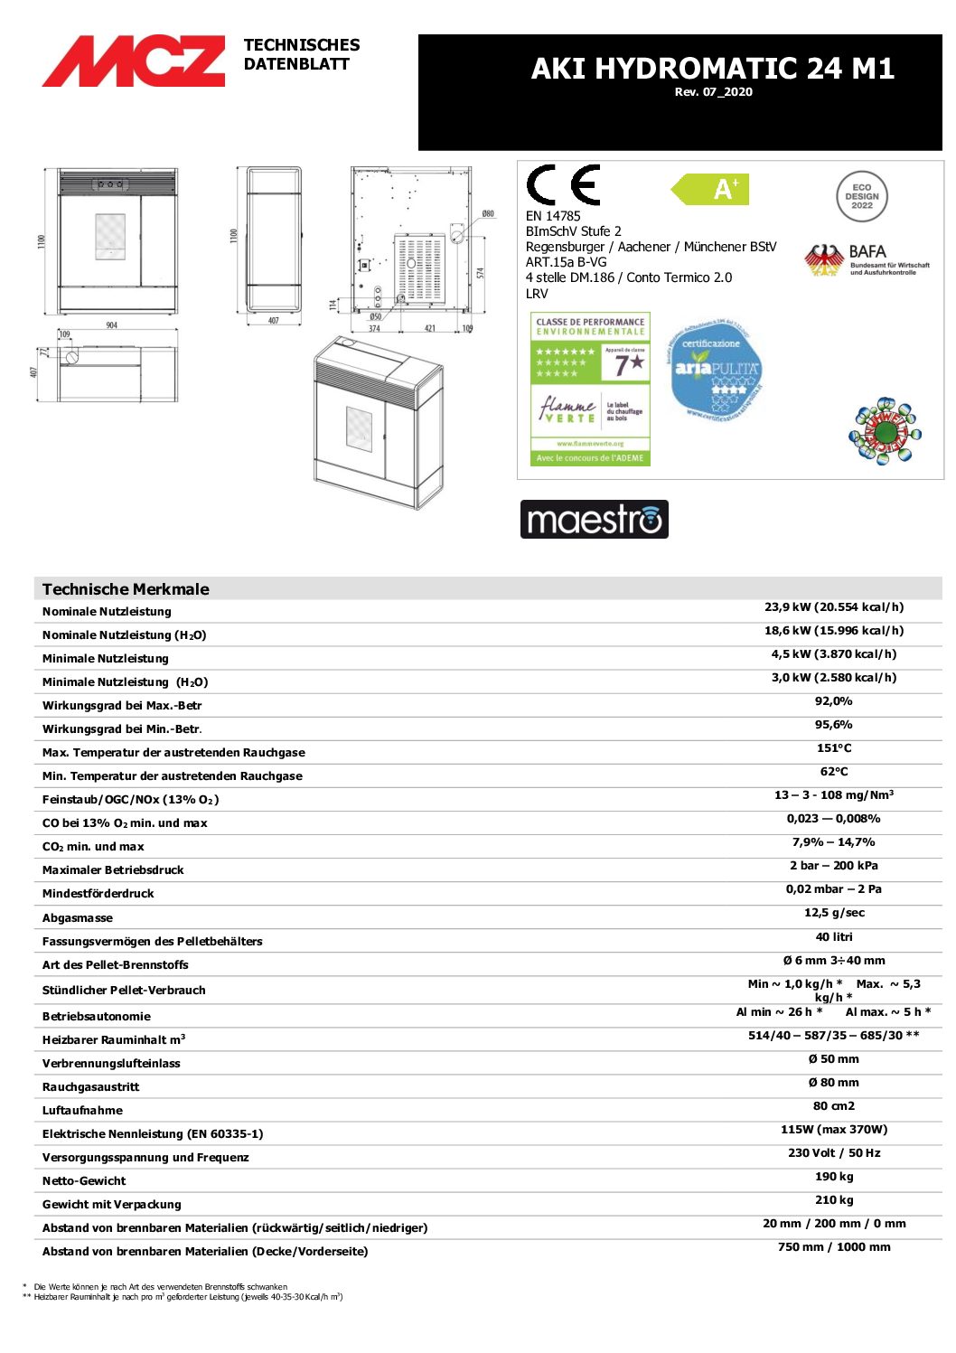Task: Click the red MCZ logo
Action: click(x=134, y=61)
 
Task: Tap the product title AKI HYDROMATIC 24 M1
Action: click(x=712, y=69)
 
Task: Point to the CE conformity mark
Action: click(x=563, y=185)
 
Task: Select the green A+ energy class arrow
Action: click(x=712, y=190)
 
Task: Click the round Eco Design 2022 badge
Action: click(x=861, y=196)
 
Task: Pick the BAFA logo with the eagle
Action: click(x=865, y=260)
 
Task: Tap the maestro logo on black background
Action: click(x=594, y=520)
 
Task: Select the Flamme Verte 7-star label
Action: click(x=590, y=389)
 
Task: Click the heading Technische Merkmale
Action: click(x=126, y=589)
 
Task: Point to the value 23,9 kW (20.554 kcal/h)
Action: click(x=833, y=607)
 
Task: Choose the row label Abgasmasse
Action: click(x=78, y=917)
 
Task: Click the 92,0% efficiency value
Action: click(x=833, y=701)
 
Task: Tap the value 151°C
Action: click(x=833, y=748)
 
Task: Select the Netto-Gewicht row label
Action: click(x=84, y=1180)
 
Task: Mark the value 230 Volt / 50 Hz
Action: click(x=833, y=1153)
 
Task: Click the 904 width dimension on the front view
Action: click(x=111, y=325)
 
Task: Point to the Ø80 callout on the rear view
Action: click(x=488, y=214)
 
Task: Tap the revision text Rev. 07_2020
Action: click(x=713, y=92)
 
